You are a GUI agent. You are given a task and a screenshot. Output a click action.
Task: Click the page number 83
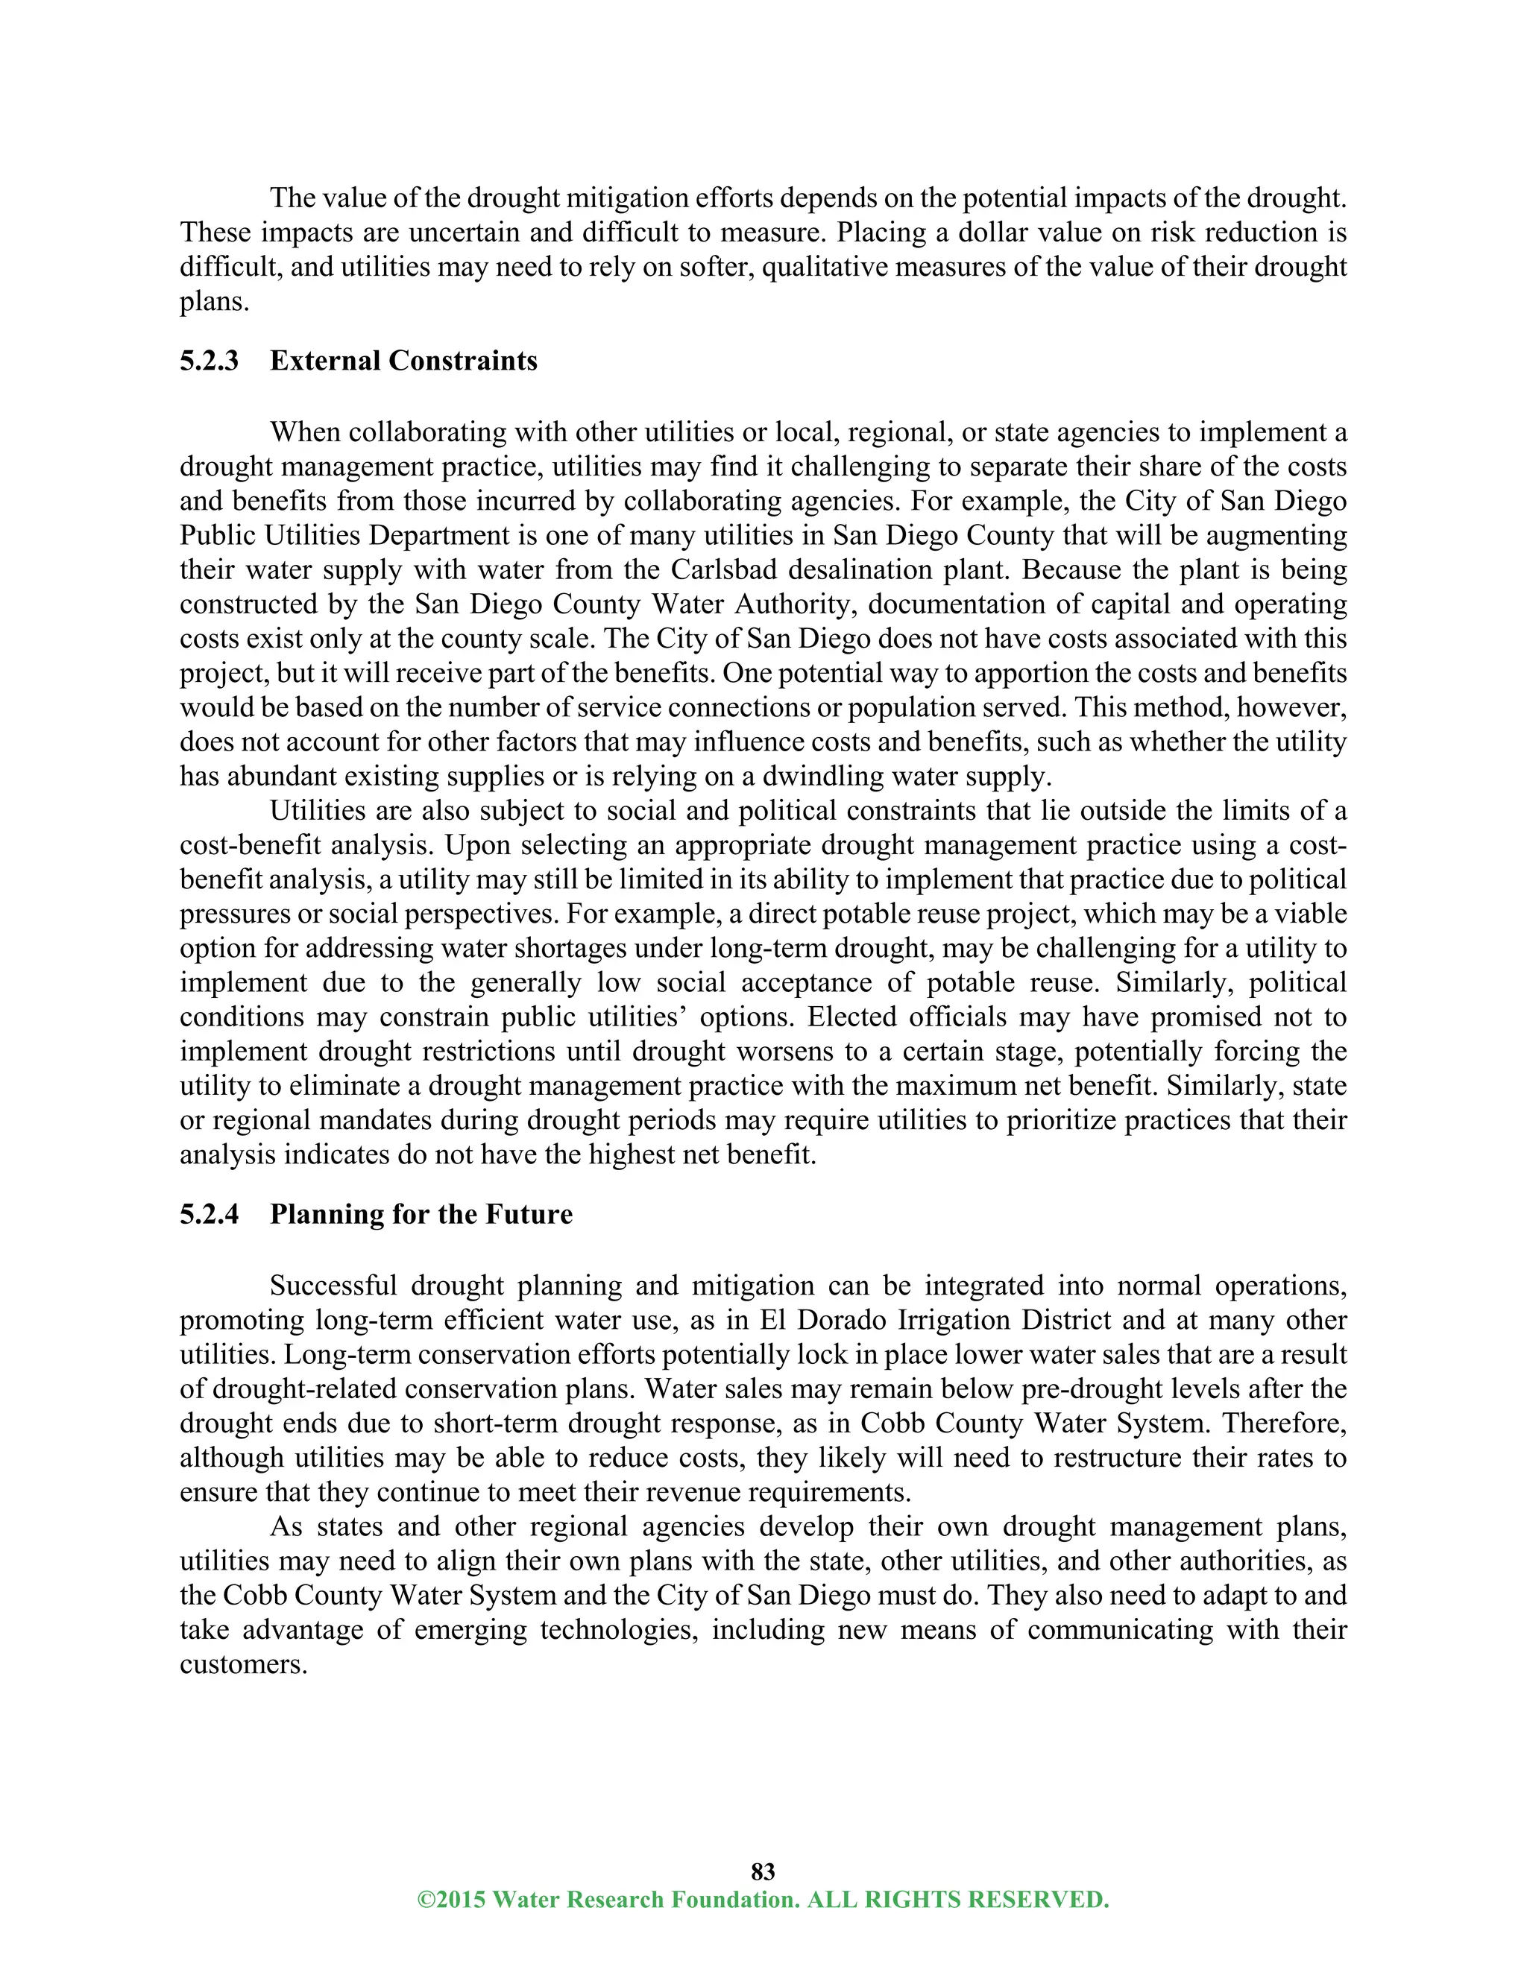click(763, 1871)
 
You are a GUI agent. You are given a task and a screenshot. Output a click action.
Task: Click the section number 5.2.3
click(209, 361)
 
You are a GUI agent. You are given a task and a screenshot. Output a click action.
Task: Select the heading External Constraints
click(403, 361)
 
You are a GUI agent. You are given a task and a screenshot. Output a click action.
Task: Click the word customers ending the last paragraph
click(242, 1664)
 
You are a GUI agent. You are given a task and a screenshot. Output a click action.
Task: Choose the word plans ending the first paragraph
click(213, 302)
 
